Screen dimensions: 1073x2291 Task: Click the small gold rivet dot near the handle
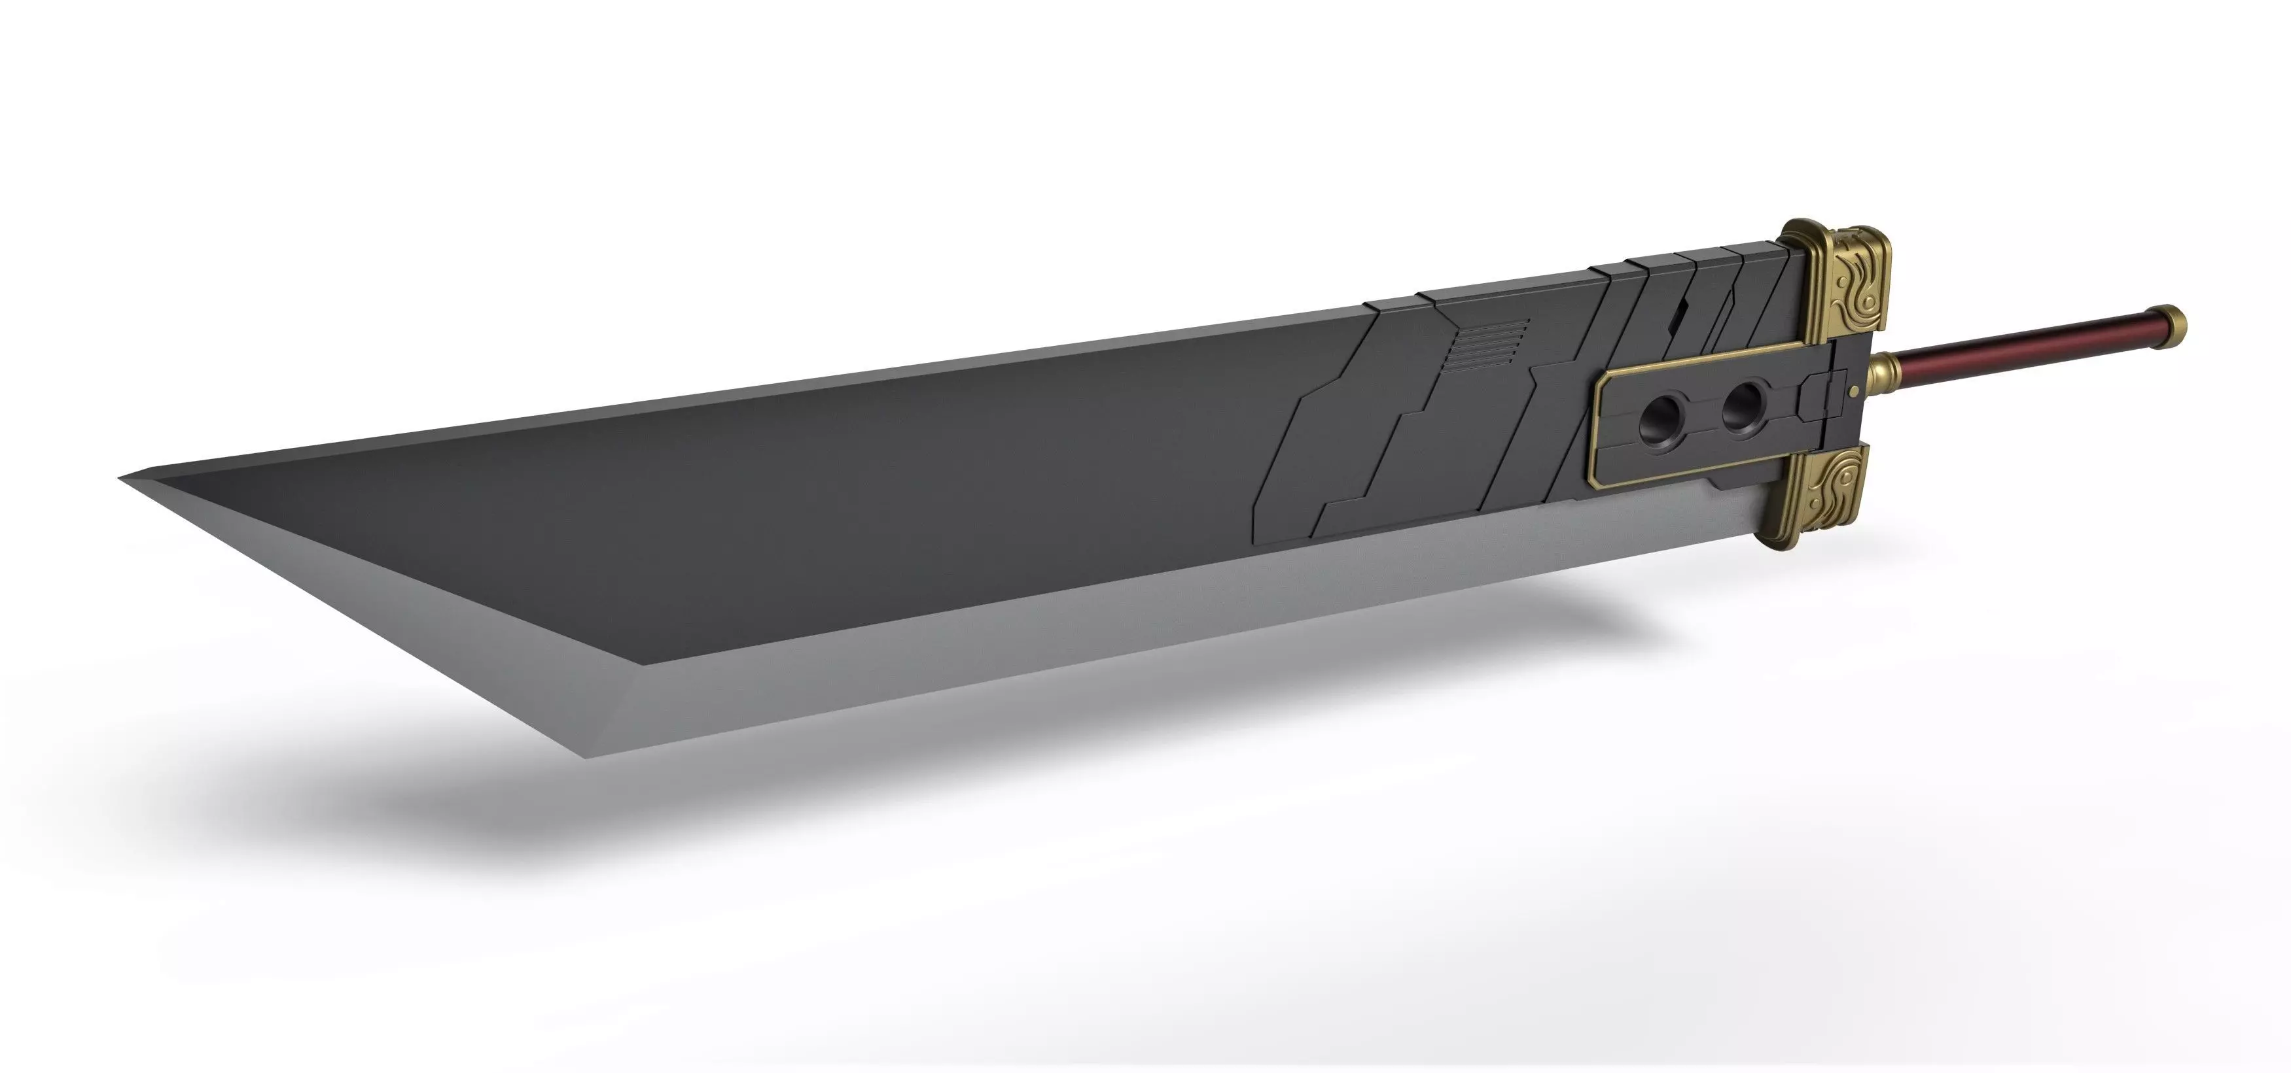click(x=1853, y=389)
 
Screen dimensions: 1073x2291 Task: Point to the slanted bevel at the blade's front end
click(x=374, y=613)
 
